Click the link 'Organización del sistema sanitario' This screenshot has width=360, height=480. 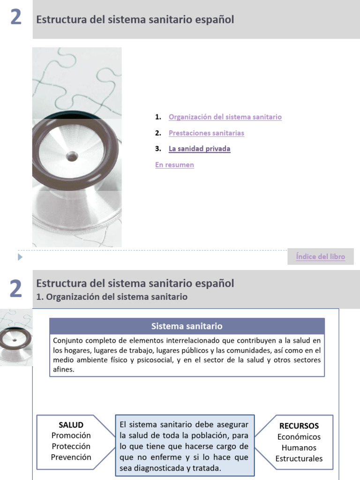tap(225, 117)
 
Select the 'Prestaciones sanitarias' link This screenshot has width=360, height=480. tap(206, 133)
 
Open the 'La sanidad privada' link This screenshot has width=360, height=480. tap(199, 149)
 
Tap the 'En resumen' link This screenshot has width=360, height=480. tap(174, 165)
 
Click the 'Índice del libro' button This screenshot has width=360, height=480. tap(321, 257)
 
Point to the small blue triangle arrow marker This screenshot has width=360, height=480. tap(20, 257)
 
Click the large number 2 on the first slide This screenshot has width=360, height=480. tap(15, 18)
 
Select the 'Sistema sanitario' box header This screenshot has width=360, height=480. tap(187, 326)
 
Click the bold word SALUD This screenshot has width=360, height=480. tap(71, 425)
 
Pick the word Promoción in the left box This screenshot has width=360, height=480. tap(71, 435)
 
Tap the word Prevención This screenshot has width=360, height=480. tap(71, 457)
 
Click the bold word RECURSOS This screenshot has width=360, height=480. tap(299, 426)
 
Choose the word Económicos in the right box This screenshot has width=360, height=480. tap(299, 437)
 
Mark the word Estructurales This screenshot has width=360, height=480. tap(299, 458)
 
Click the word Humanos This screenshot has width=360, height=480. tap(299, 448)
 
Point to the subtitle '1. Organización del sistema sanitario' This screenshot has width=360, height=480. tap(112, 297)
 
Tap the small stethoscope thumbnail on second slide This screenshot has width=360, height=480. tap(16, 337)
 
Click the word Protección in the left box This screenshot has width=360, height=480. tap(71, 446)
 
